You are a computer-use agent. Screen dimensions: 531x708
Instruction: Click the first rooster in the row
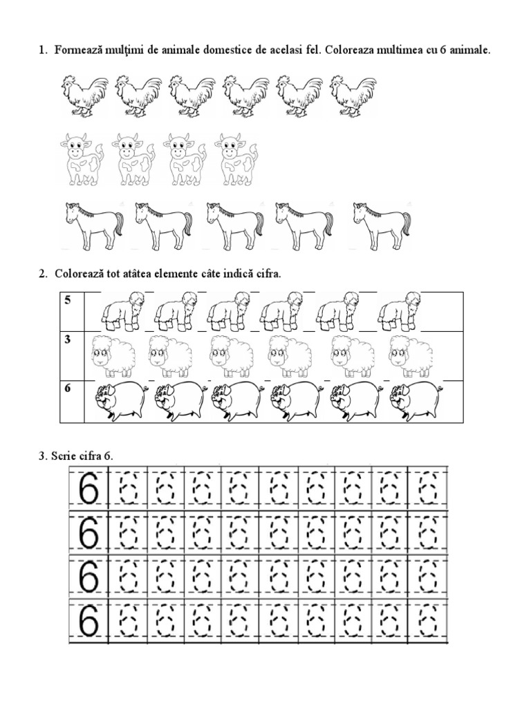tap(84, 96)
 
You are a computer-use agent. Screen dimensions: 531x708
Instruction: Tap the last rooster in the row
tap(353, 96)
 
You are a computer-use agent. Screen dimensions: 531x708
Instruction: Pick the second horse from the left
tap(163, 226)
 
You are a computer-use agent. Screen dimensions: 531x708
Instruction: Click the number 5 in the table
tap(67, 300)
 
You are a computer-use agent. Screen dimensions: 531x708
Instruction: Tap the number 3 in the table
tap(67, 339)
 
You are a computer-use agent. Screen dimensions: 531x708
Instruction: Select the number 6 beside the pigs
tap(67, 388)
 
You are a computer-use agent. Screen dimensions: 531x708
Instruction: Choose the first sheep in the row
tap(113, 356)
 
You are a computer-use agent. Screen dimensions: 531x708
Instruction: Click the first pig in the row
tap(120, 401)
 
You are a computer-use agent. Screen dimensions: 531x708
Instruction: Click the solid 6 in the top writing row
tap(88, 487)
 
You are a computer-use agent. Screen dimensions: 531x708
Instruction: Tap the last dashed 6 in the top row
tap(428, 487)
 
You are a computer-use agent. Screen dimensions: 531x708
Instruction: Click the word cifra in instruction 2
tap(265, 274)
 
